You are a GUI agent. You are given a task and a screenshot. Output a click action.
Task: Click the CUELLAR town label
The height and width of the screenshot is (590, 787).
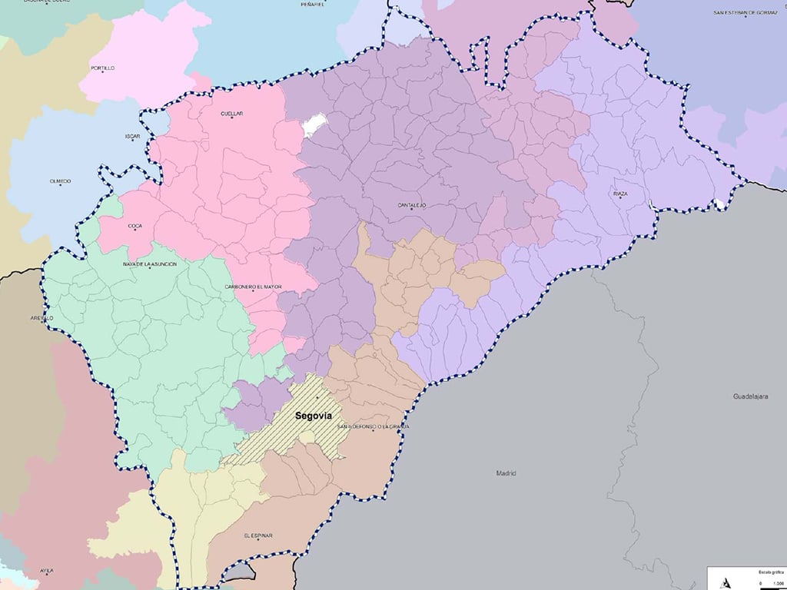231,114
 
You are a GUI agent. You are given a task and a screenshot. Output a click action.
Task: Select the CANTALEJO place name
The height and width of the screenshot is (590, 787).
412,205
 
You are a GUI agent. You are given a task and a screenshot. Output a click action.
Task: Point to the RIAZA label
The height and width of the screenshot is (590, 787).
620,194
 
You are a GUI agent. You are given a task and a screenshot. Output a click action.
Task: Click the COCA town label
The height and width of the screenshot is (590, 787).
135,226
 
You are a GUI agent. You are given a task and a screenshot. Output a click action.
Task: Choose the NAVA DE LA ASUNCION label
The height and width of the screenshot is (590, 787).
150,264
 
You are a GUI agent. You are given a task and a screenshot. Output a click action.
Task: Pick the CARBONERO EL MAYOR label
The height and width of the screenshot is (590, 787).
253,287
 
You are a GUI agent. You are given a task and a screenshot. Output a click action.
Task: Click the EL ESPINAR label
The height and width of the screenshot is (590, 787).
258,535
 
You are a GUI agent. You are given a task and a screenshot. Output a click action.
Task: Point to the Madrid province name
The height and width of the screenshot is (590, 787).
506,473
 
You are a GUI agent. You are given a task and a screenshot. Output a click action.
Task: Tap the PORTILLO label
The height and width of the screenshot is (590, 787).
102,68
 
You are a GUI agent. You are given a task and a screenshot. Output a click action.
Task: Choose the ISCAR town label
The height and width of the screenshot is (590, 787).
133,136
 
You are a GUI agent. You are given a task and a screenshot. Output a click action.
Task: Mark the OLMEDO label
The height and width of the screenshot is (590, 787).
60,181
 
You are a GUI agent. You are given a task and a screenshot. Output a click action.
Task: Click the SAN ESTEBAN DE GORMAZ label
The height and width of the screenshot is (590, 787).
740,13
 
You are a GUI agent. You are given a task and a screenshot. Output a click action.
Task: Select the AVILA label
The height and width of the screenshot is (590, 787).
47,571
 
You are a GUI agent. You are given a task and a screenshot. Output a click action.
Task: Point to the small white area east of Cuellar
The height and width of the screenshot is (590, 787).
314,125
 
